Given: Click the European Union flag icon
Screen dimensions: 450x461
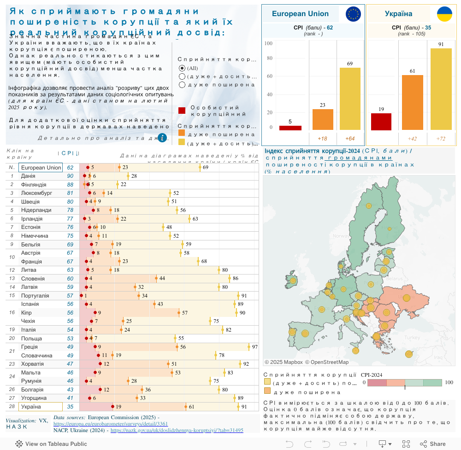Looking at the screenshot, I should (x=354, y=14).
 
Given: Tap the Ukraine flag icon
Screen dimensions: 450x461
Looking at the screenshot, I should (x=444, y=14).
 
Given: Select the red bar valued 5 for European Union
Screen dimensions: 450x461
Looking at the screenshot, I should (x=290, y=128).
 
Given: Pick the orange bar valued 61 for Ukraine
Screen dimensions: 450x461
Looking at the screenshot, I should (x=412, y=103).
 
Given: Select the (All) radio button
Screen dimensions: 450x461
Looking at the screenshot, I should (x=182, y=68).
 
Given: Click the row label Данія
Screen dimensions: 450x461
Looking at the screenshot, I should (x=28, y=176).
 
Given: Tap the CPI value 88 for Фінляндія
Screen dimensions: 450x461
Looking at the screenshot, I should (x=70, y=185).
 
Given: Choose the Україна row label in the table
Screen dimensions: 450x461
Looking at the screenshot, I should (x=31, y=407).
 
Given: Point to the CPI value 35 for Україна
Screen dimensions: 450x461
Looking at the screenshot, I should (x=70, y=407).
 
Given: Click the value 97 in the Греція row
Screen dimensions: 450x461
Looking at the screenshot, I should (x=254, y=347).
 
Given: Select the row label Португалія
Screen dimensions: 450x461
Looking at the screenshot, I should (x=35, y=296).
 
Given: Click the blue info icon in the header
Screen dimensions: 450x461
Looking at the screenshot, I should (x=162, y=137).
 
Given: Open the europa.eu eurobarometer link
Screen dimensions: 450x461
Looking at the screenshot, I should (x=111, y=424).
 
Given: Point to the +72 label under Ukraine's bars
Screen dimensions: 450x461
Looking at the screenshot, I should (x=441, y=139).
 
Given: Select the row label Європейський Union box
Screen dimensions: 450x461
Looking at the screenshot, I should (x=41, y=168).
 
